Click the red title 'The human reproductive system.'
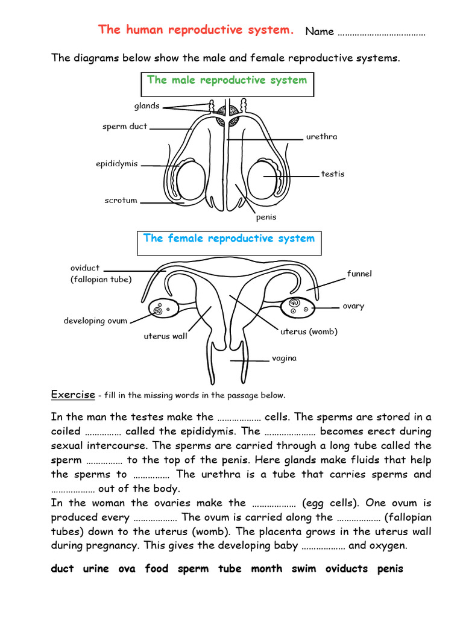point(196,30)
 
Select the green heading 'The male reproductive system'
point(227,80)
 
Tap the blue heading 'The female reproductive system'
point(228,239)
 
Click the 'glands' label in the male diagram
point(146,106)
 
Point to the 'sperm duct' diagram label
point(125,127)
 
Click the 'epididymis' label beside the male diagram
point(117,164)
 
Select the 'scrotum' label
point(121,201)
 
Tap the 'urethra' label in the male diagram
point(321,137)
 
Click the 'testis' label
point(333,174)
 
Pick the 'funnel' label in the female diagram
point(359,274)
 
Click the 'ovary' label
point(353,306)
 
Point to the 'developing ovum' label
point(95,321)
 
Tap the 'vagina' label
point(284,358)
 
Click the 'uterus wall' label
point(165,336)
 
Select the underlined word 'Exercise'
point(73,395)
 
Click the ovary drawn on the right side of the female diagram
point(300,307)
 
